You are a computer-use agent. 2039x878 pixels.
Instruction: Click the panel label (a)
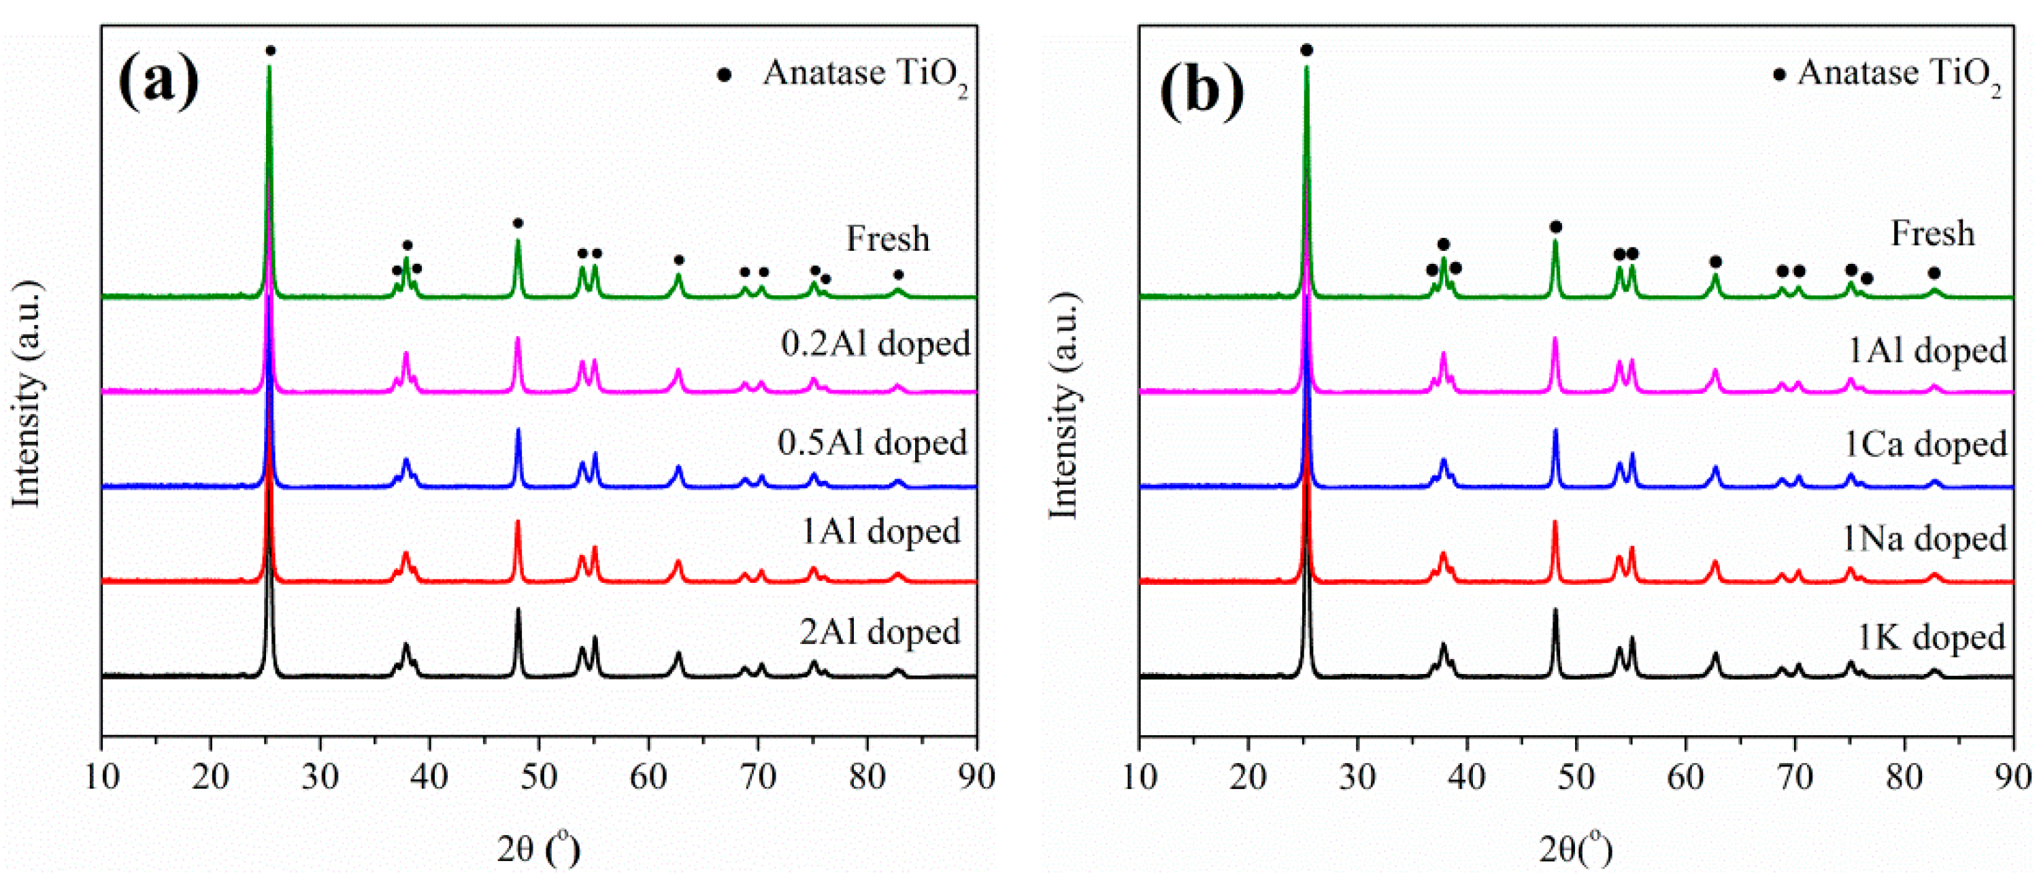(x=159, y=82)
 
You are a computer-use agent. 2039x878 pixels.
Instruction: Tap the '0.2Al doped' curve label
(x=876, y=343)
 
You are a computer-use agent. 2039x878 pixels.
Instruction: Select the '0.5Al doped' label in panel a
(x=872, y=442)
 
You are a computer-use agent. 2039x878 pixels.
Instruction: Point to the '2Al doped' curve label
(x=880, y=631)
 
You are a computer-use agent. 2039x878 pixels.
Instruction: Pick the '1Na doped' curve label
(x=1924, y=539)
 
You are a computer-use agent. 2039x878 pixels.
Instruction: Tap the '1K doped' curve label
(x=1931, y=637)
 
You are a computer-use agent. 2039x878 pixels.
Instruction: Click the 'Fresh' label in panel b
(x=1933, y=233)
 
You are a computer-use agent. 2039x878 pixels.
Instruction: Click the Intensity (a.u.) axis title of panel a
(x=27, y=393)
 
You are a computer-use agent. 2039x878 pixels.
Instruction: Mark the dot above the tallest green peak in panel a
(x=271, y=50)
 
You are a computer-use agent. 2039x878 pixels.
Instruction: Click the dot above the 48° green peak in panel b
(x=1555, y=227)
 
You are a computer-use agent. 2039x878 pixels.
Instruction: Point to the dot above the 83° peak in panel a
(x=898, y=275)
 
